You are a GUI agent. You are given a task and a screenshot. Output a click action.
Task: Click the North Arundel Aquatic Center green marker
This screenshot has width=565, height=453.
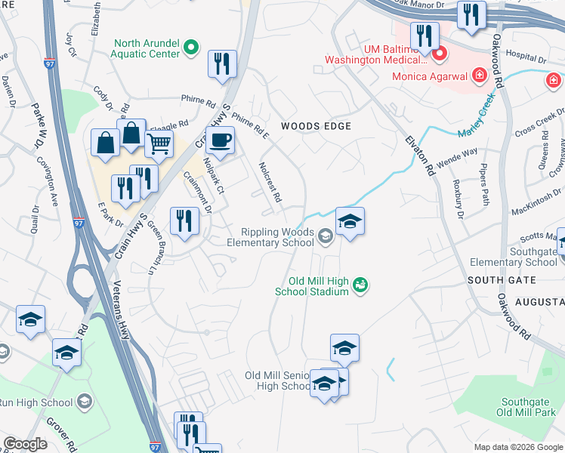pos(192,48)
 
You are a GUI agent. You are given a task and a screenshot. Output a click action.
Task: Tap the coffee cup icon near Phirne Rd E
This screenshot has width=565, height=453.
pos(220,140)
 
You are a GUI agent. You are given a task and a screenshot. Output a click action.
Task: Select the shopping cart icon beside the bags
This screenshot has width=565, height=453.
pos(159,143)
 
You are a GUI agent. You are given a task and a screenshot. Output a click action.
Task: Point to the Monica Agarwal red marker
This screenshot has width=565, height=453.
pos(478,75)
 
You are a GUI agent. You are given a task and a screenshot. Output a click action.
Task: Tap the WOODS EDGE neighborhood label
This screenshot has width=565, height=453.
pos(316,126)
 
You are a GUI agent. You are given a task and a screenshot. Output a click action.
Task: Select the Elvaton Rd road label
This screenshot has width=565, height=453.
pos(420,156)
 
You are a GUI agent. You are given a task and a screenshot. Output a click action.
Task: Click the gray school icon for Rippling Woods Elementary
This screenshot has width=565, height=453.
pos(325,237)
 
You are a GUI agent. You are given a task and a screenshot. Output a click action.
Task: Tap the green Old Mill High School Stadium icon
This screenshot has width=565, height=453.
pos(360,285)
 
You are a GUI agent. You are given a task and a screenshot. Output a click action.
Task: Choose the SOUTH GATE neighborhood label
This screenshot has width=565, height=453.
pos(501,280)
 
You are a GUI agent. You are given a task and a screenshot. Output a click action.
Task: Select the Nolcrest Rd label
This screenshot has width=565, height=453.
pos(269,182)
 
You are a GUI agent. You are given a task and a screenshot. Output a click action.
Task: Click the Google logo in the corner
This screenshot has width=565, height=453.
pos(26,444)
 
